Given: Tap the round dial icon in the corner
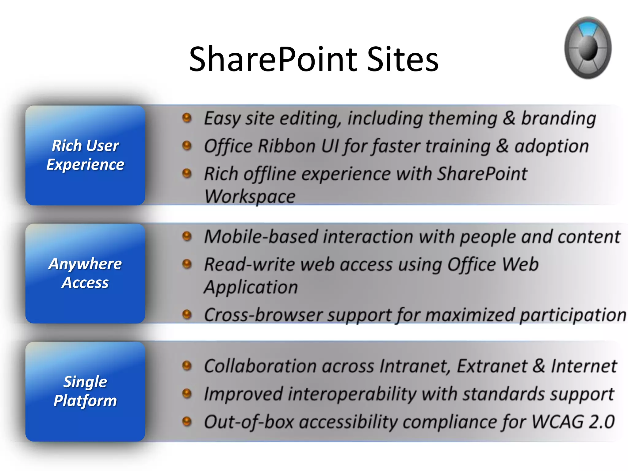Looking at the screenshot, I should pos(588,48).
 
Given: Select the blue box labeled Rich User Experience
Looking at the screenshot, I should pos(85,155).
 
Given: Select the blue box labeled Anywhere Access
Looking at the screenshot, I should pos(85,273).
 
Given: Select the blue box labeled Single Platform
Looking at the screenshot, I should pos(85,391).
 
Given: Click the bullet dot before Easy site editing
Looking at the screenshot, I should pos(187,118).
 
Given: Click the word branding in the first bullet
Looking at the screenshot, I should pos(558,118).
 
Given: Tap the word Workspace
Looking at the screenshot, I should pos(250,196).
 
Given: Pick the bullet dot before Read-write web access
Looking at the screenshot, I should pos(187,264).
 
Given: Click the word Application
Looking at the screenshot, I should pos(251,287).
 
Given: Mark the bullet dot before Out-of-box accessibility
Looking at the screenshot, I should pos(187,421).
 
